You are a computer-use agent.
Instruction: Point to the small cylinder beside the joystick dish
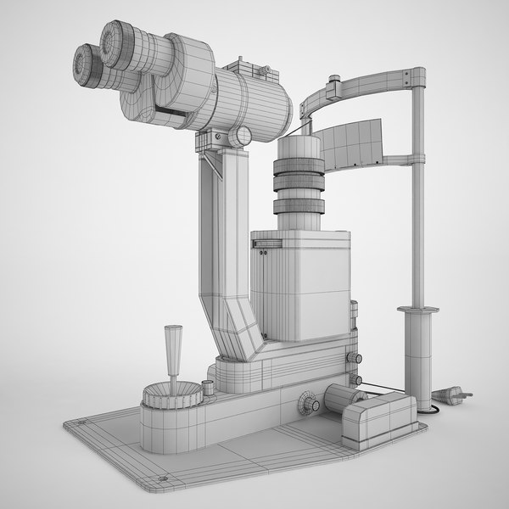[208, 389]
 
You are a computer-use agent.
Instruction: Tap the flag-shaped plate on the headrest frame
[351, 143]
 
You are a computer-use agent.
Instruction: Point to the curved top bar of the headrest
[373, 84]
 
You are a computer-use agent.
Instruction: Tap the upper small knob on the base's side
[357, 359]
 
